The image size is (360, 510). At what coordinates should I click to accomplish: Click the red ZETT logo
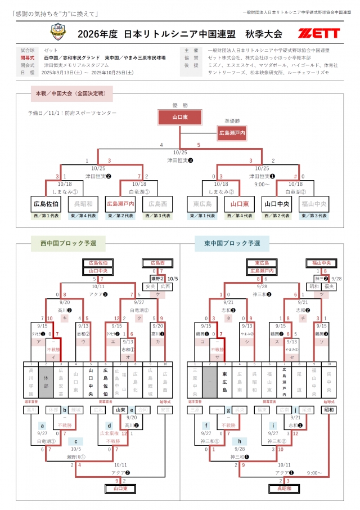coord(319,33)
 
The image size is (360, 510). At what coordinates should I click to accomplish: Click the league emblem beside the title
coord(58,33)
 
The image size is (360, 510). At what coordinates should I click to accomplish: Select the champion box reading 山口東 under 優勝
coord(180,117)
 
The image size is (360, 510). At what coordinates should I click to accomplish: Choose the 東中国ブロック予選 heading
coord(232,243)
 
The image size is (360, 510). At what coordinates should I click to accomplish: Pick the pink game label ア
coord(39,341)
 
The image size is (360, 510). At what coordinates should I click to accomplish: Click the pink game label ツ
coord(321,294)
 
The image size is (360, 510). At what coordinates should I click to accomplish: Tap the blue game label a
coord(42,426)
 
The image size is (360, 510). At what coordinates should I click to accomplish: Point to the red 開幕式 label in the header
coord(28,57)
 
